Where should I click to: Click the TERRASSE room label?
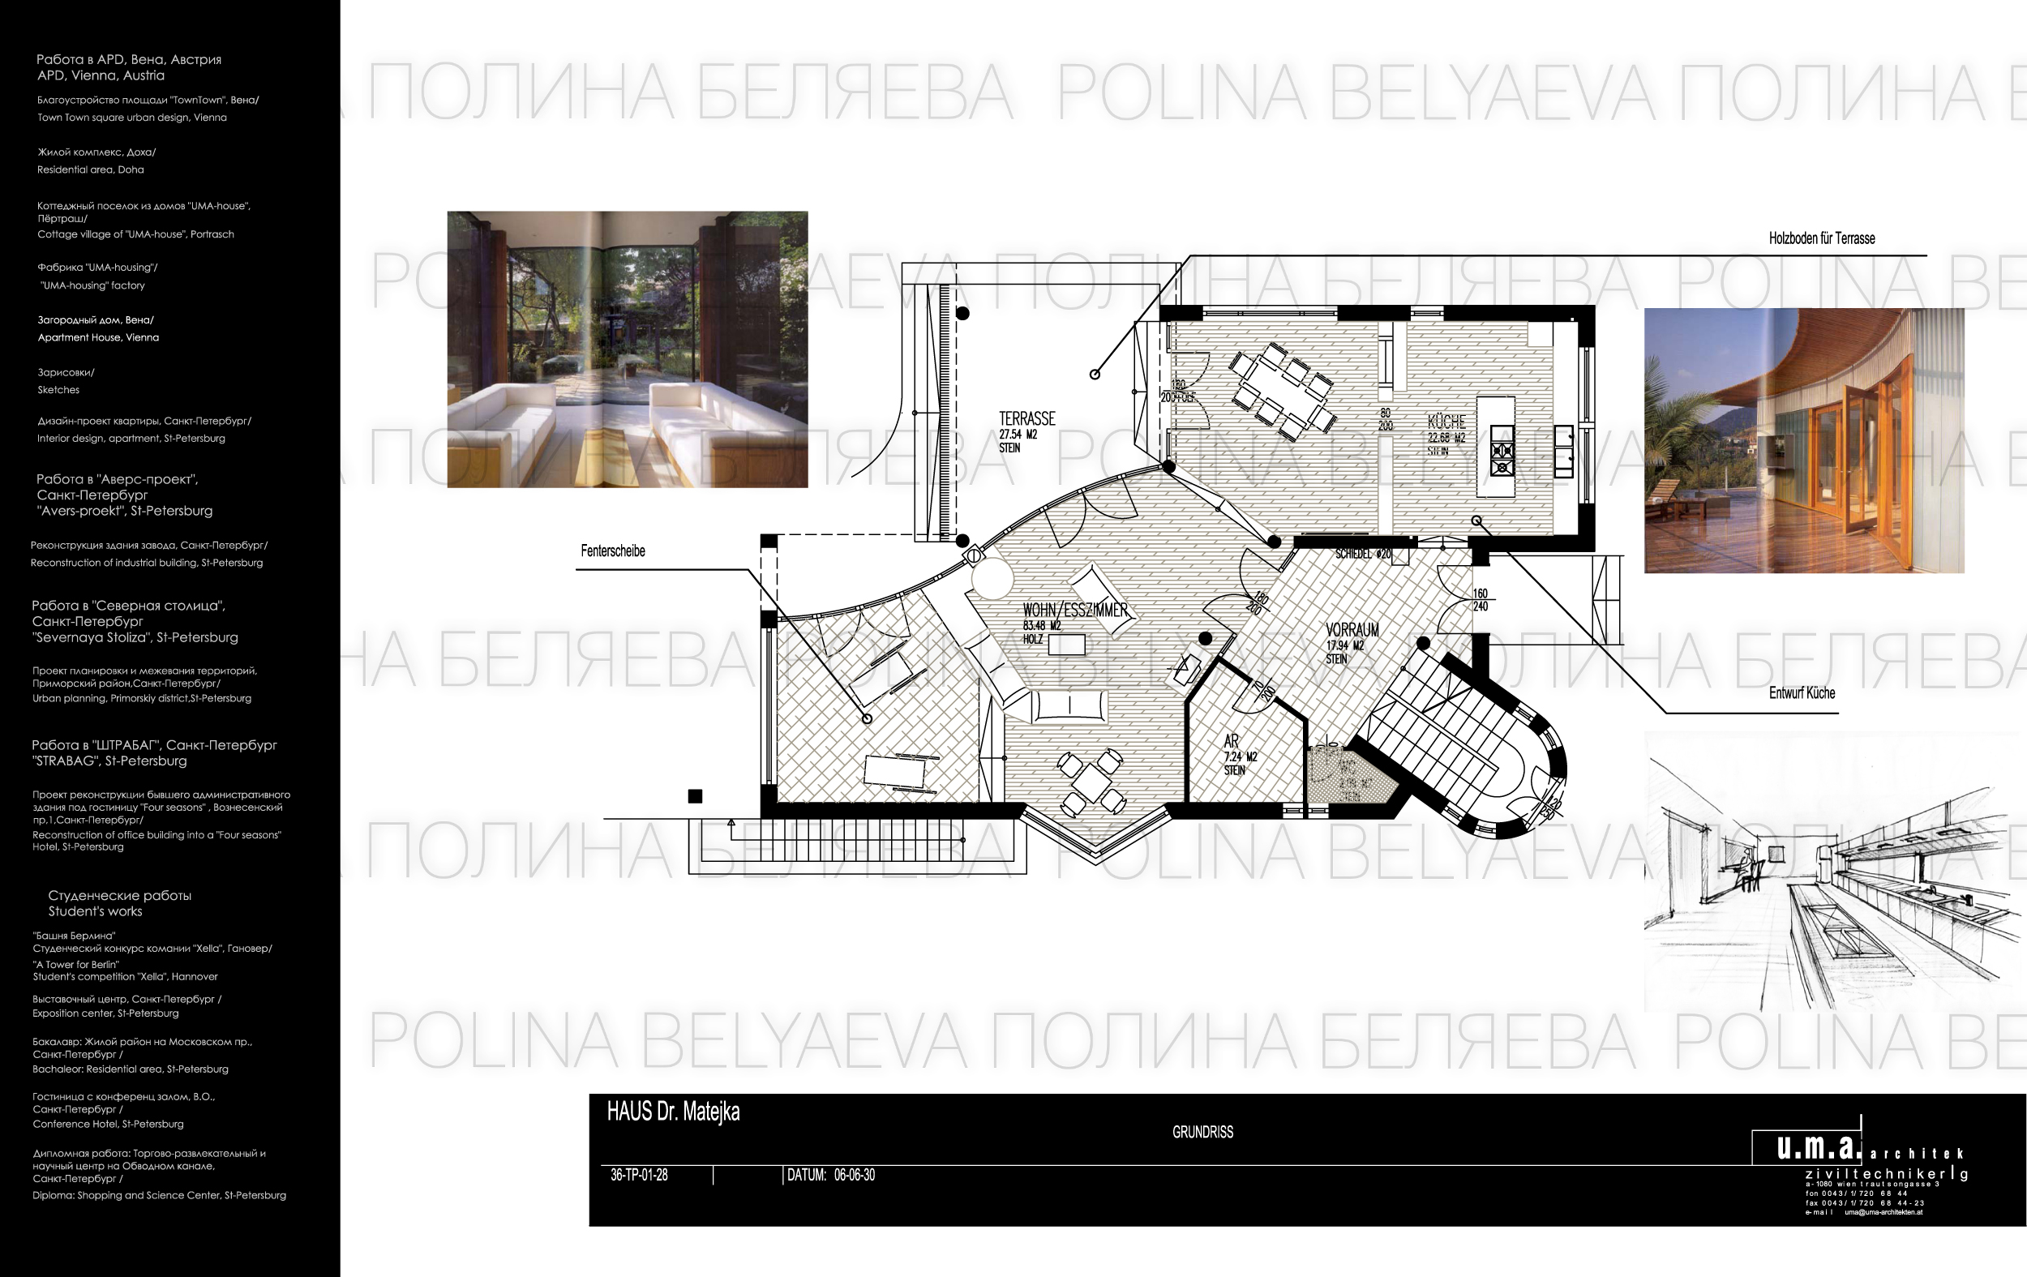(x=1026, y=418)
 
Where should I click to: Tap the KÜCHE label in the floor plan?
(x=1446, y=422)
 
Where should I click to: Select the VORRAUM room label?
(x=1352, y=630)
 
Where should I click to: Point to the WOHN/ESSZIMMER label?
(x=1075, y=611)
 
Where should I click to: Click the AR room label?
(x=1231, y=741)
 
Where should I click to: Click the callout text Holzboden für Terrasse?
(x=1822, y=238)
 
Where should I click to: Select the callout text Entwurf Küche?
(x=1802, y=692)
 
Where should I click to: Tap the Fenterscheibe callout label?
(x=613, y=551)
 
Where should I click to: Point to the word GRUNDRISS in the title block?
(x=1202, y=1132)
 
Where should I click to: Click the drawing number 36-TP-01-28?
(x=639, y=1175)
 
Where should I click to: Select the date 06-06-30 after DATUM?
(x=855, y=1175)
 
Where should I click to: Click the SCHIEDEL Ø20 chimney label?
(x=1363, y=554)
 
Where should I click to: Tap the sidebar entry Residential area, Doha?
(x=90, y=169)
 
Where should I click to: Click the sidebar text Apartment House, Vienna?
(x=97, y=337)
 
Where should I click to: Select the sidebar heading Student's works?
(x=95, y=911)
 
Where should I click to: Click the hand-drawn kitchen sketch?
(x=1827, y=876)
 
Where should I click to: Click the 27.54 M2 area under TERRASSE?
(x=1018, y=435)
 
